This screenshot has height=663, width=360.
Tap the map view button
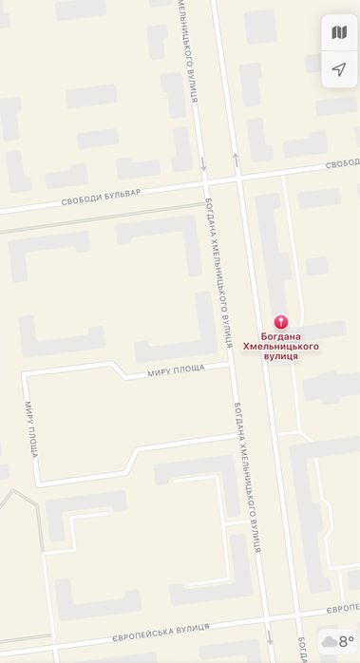[339, 33]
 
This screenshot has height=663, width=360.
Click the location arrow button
[339, 69]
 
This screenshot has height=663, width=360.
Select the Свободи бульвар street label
[101, 193]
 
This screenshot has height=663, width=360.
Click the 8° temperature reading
[346, 642]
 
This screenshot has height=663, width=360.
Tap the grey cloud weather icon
[330, 643]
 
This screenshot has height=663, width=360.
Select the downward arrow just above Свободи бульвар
[203, 163]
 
